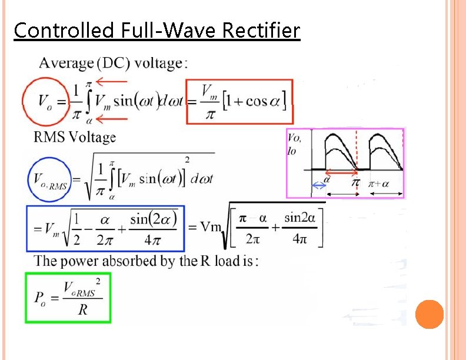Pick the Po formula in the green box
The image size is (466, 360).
point(68,297)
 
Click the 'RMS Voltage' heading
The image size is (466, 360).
point(75,138)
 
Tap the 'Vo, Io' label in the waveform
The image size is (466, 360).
point(295,144)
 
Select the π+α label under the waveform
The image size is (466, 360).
point(379,184)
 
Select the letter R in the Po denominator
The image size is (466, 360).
point(83,309)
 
